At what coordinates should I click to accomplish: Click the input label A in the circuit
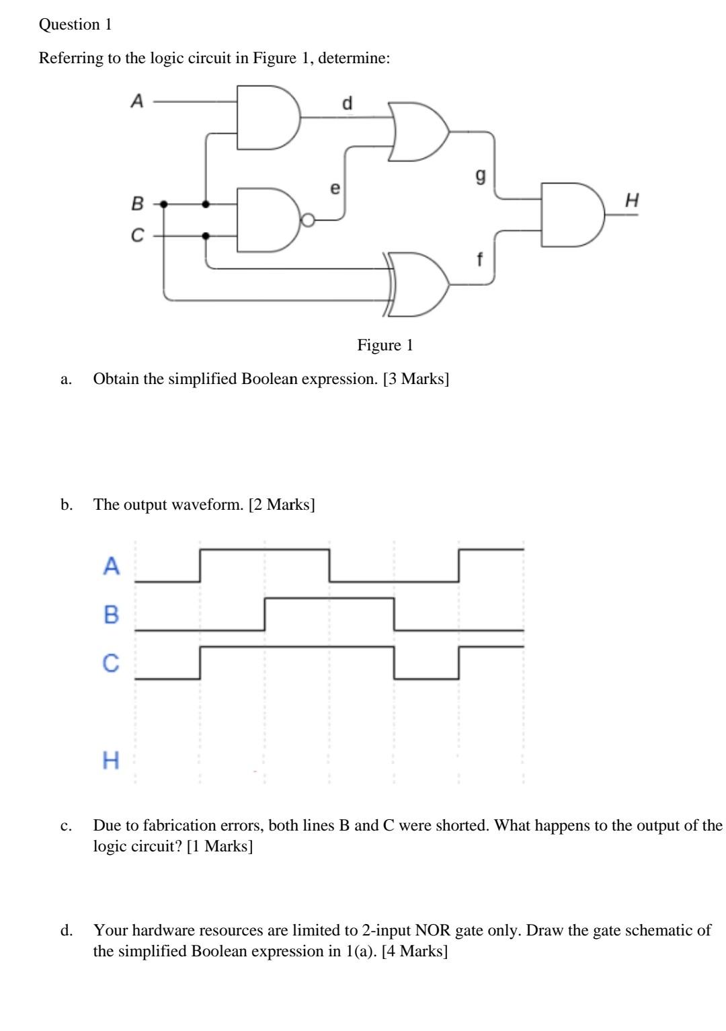(137, 102)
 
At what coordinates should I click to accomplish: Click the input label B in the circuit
(137, 202)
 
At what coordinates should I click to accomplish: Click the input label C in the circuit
(137, 235)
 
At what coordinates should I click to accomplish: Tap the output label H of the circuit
(631, 200)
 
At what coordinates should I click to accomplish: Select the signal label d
(347, 103)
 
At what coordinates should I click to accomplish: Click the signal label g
(479, 176)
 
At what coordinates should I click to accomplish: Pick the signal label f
(479, 258)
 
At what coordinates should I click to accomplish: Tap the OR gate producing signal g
(417, 132)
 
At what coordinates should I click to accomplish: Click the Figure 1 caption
(385, 345)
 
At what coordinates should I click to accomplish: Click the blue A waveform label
(112, 566)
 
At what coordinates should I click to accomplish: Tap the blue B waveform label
(112, 614)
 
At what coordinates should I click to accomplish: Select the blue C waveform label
(111, 663)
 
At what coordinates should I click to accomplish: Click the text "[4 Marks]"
(414, 951)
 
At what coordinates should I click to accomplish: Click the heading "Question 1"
(75, 25)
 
